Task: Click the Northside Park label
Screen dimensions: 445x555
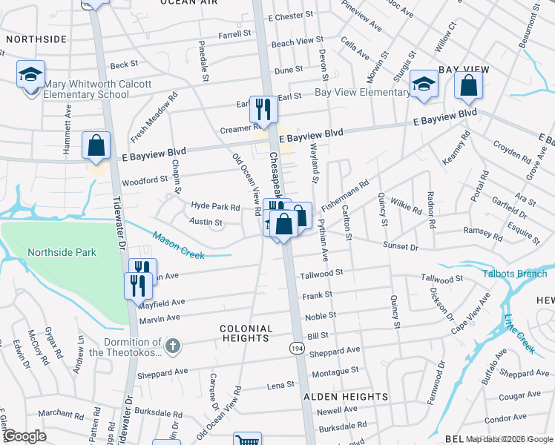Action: coord(62,252)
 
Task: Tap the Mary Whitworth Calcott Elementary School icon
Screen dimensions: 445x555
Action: coord(30,75)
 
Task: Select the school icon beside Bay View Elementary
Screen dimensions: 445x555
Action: coord(424,85)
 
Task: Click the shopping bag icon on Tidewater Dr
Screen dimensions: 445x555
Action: coord(96,146)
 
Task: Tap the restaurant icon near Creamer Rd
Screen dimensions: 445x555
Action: coord(263,110)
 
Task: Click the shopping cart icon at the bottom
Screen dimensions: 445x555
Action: coord(247,440)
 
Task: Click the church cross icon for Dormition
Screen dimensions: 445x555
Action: coord(172,346)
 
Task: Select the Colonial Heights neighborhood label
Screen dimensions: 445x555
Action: coord(244,333)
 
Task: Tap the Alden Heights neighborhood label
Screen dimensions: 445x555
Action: coord(346,397)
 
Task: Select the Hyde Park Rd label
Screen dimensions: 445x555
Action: coord(215,207)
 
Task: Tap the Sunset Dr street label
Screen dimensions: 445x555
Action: coord(401,245)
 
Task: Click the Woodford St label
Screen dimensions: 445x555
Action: coord(145,180)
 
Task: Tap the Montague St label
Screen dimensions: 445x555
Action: coord(335,369)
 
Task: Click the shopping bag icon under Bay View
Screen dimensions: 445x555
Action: coord(469,86)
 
